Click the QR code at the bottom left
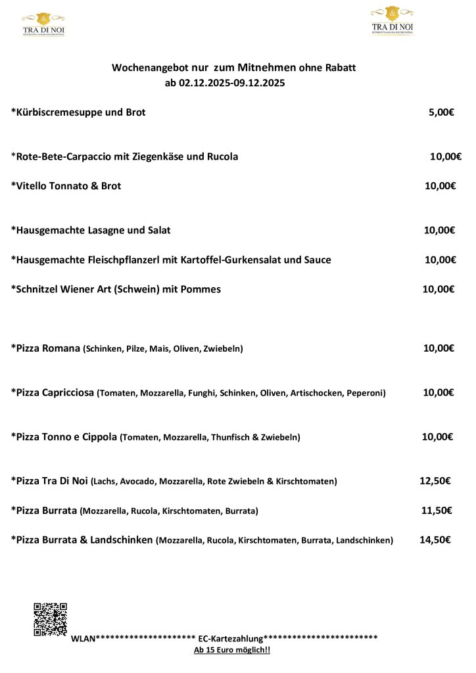(50, 619)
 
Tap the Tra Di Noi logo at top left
(43, 24)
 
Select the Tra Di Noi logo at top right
(393, 20)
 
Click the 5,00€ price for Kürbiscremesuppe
(441, 112)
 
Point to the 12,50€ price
(435, 481)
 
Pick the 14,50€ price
(435, 540)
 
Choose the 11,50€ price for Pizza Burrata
(437, 511)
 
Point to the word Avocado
(137, 482)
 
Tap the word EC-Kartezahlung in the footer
(231, 638)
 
